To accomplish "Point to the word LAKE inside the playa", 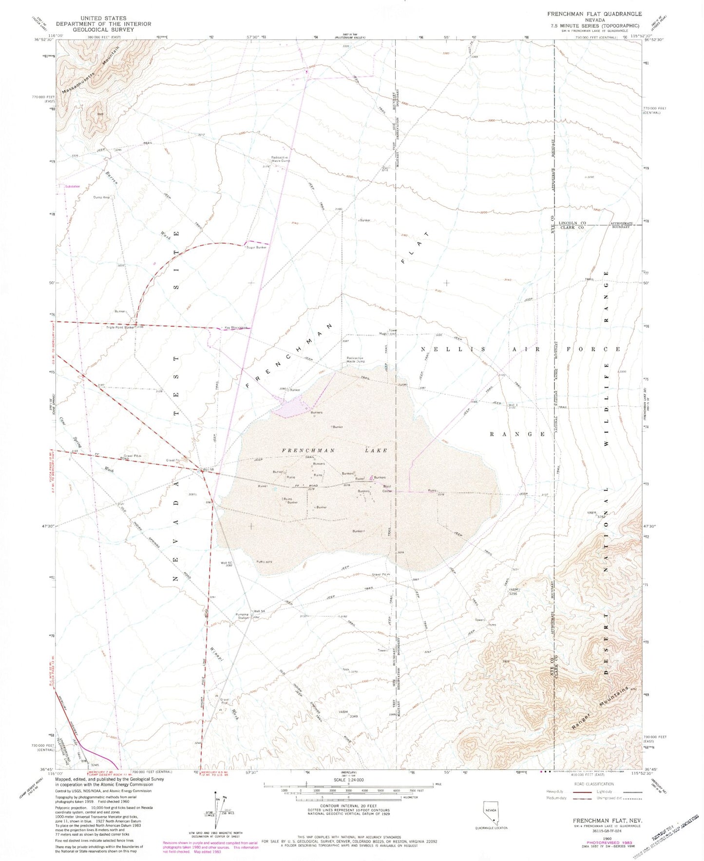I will (x=375, y=450).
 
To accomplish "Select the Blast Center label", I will (x=388, y=489).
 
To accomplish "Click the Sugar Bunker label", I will (x=257, y=248).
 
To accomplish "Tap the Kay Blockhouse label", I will (x=236, y=328).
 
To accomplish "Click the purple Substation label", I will (x=72, y=186).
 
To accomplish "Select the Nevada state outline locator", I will (x=490, y=812).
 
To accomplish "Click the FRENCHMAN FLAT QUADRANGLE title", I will (x=594, y=14).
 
